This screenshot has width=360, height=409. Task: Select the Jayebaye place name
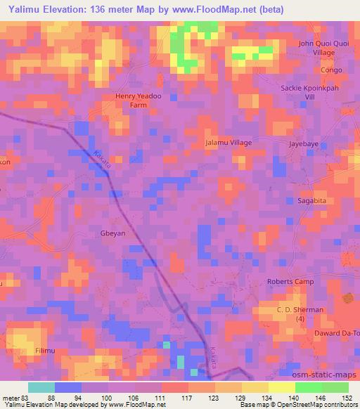point(304,143)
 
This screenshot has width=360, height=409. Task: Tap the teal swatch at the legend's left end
point(41,387)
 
